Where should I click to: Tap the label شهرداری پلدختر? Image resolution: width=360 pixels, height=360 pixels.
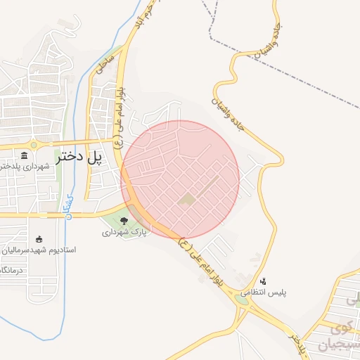[27, 167]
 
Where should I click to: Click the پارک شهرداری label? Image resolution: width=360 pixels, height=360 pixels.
[125, 231]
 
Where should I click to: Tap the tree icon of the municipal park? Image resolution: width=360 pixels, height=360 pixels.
[124, 221]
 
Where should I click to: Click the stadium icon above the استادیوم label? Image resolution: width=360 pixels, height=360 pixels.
[39, 238]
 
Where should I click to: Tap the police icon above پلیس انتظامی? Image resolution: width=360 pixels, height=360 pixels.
[263, 281]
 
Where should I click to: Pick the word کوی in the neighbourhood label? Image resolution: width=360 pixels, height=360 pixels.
[342, 328]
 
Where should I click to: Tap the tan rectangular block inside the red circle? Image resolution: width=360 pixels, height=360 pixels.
[187, 201]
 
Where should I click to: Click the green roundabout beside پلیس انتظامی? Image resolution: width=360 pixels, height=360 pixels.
[243, 300]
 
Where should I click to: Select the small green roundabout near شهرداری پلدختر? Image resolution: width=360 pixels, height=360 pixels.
[33, 146]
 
